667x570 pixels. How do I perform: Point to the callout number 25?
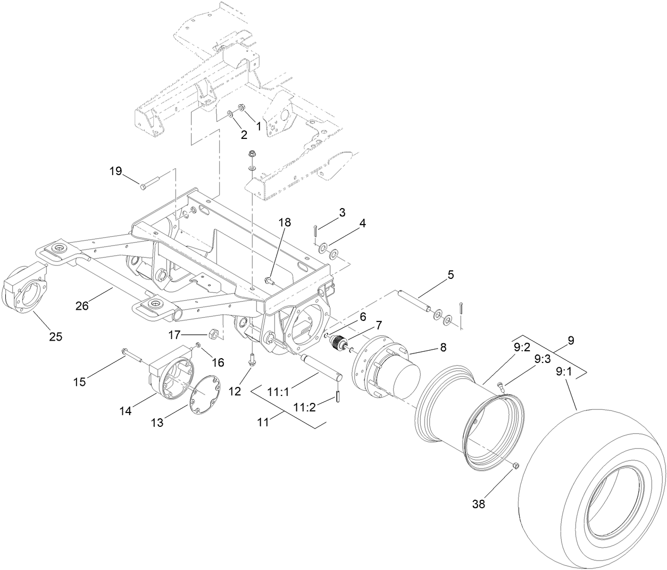(x=55, y=336)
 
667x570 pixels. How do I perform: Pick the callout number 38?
(x=479, y=504)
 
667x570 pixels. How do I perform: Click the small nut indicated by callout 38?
(x=515, y=466)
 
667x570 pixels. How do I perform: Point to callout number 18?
(x=285, y=222)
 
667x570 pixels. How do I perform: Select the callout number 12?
(x=235, y=391)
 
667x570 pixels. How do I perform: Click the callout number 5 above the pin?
(x=451, y=275)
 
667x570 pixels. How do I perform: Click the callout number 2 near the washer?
(x=244, y=135)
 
